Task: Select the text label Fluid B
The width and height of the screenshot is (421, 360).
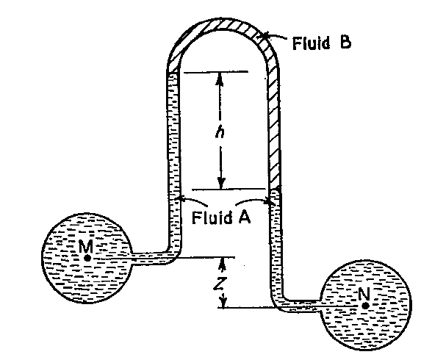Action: [322, 42]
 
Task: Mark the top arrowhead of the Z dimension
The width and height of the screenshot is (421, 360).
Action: [221, 262]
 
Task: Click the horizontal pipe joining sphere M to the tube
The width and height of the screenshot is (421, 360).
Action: [151, 258]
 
